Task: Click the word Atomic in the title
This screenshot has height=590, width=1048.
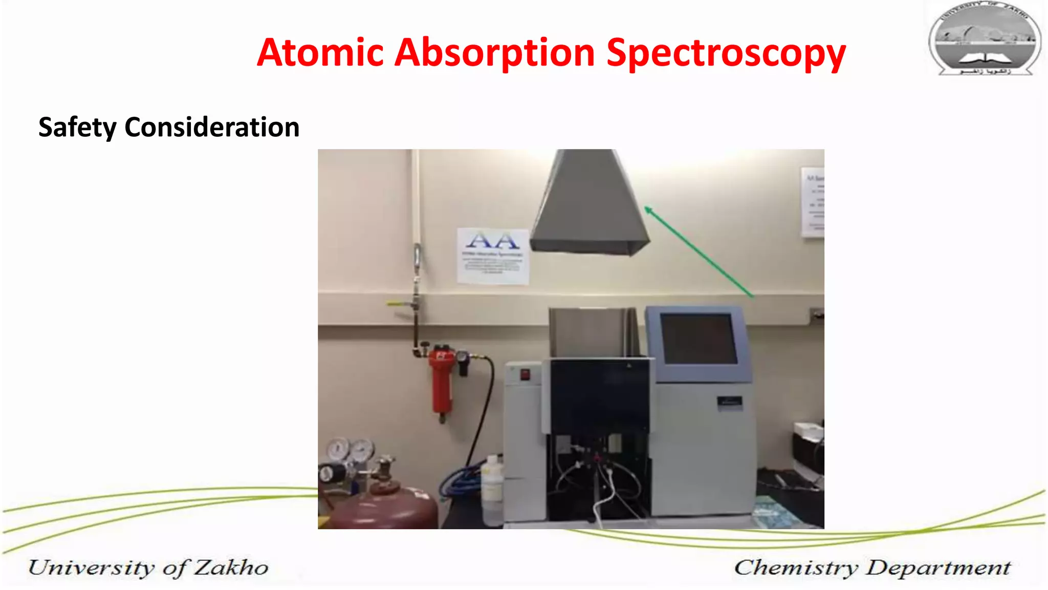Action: (320, 53)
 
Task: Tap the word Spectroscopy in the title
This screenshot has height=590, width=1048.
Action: (725, 54)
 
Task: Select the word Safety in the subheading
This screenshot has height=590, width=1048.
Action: (77, 128)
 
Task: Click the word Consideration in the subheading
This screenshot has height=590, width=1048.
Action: (212, 127)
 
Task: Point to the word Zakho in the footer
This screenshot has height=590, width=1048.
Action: (231, 567)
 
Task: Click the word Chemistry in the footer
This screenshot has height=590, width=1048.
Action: (796, 567)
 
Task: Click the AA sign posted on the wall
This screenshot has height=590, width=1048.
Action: (493, 255)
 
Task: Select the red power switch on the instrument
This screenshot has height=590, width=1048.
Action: (525, 374)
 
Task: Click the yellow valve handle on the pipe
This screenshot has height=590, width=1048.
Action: (397, 303)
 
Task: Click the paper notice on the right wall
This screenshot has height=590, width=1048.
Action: (812, 202)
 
